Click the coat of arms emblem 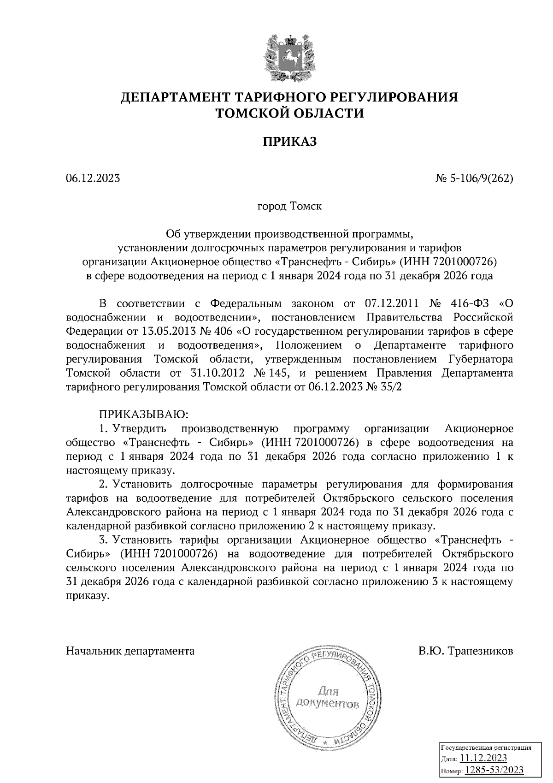[x=290, y=57]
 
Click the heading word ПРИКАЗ [x=290, y=142]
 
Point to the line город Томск [x=289, y=206]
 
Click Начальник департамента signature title [x=130, y=651]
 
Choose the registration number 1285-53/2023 [x=494, y=770]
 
